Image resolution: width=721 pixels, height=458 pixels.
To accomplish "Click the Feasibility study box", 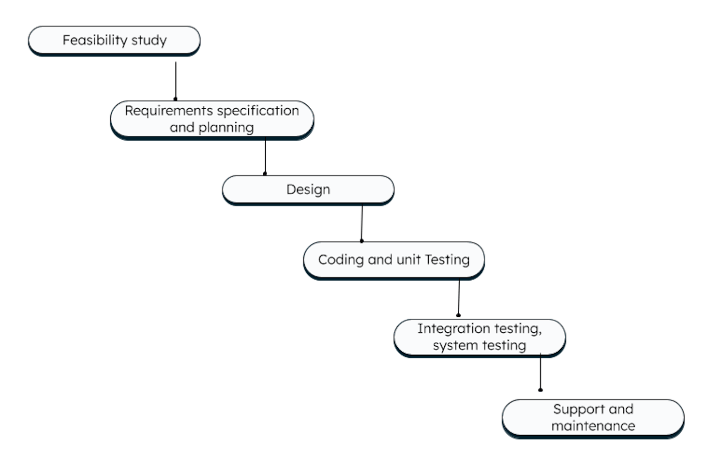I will pos(114,40).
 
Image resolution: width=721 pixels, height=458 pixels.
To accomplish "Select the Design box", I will pos(308,190).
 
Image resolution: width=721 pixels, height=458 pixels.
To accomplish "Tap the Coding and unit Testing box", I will pos(394,260).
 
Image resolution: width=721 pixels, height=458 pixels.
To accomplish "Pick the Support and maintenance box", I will pos(593,418).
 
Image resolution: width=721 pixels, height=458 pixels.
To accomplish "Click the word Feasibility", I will pos(95,40).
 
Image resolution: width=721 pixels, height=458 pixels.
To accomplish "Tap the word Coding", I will pos(341,260).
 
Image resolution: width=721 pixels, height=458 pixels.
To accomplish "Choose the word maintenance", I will pos(593,426).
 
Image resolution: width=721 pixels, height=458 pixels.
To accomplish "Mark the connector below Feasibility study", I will pos(176,80).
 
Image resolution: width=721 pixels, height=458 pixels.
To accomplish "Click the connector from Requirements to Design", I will pos(265,157).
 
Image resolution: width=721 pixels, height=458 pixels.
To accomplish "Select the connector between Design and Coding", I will pos(361,224).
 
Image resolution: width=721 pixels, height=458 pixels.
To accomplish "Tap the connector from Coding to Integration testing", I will pos(459,298).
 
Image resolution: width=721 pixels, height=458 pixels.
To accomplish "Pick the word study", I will pos(149,40).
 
